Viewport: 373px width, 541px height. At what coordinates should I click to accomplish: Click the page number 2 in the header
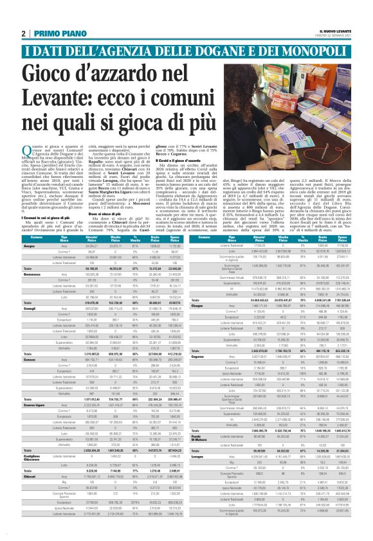tap(23, 34)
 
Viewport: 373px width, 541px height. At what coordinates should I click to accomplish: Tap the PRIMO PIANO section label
tap(52, 34)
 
